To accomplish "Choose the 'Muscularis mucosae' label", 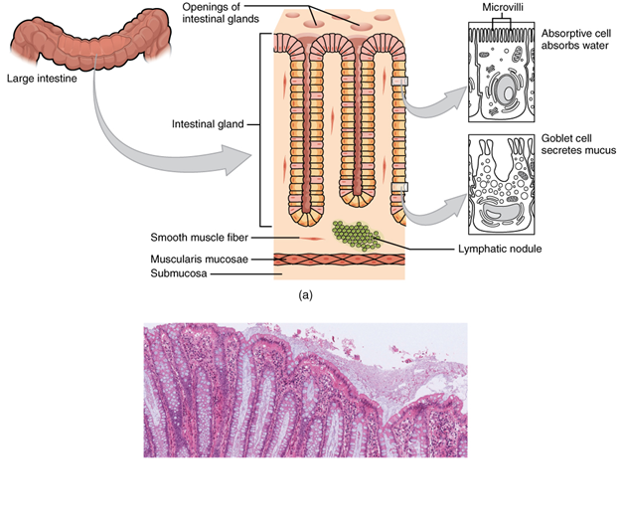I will (197, 259).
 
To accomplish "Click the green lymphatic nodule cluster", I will (355, 235).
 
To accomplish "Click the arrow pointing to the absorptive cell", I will (437, 99).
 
